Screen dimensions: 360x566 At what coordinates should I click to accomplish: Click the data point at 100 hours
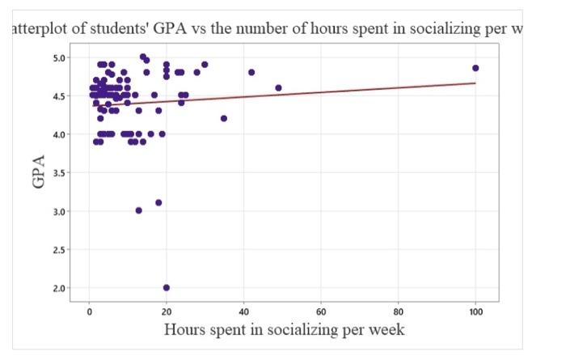click(x=475, y=68)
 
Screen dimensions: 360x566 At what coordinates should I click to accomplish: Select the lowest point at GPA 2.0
click(x=167, y=287)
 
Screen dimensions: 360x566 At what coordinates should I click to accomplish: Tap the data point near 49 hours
click(x=278, y=87)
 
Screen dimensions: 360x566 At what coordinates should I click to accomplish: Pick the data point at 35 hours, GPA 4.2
click(x=224, y=118)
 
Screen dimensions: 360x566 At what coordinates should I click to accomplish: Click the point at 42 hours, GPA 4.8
click(x=251, y=72)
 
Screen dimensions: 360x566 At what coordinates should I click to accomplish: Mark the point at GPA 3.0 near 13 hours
click(x=139, y=210)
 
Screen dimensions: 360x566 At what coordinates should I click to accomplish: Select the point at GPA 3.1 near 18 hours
click(x=158, y=202)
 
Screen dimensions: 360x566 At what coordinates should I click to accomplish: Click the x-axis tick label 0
click(x=89, y=311)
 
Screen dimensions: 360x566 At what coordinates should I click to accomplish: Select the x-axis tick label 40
click(x=243, y=311)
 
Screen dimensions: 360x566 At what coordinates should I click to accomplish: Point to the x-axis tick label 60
click(x=321, y=311)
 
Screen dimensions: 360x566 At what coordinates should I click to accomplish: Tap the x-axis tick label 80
click(x=399, y=311)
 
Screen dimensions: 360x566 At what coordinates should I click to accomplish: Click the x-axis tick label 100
click(x=475, y=311)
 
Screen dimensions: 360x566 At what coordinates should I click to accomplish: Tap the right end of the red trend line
click(x=475, y=83)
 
